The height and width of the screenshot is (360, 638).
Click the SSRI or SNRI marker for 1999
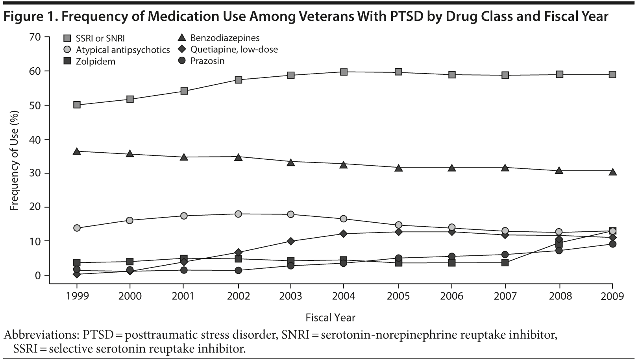pos(77,105)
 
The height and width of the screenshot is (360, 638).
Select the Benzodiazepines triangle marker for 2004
pos(344,165)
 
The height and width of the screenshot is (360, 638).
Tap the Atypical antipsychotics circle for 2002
pos(238,214)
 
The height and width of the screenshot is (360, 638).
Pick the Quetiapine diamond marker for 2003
pos(290,241)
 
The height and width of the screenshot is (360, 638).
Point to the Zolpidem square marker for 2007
pos(505,262)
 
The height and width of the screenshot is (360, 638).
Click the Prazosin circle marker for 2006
pos(452,257)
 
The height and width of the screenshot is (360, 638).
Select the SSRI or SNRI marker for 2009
pos(612,74)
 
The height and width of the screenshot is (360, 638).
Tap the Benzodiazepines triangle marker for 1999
pos(77,151)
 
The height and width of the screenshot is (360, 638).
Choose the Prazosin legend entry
pos(207,61)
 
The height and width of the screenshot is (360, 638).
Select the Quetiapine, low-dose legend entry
pos(234,50)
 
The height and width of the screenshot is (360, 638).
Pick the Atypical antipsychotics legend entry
pos(122,50)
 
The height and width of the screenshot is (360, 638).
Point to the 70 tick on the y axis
pos(35,37)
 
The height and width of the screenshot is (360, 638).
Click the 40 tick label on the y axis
pos(35,139)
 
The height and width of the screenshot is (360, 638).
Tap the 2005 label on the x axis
pos(398,296)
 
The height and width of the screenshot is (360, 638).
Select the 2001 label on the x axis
pos(183,296)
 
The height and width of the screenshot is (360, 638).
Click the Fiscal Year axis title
pos(330,318)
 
